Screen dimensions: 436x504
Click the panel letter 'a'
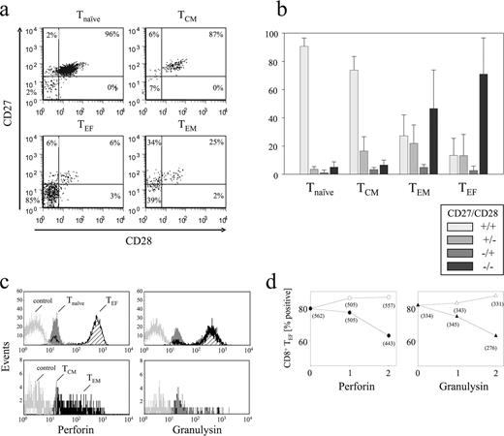click(7, 11)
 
